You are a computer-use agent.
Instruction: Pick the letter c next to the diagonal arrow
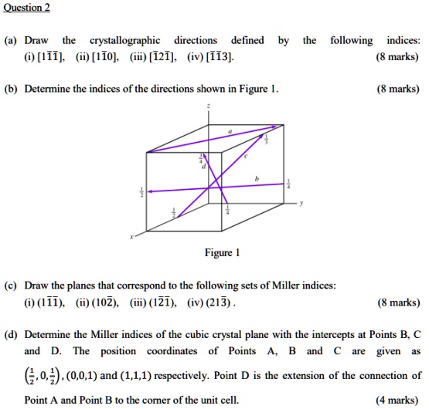pos(246,155)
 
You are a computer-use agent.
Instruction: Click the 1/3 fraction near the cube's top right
pos(267,140)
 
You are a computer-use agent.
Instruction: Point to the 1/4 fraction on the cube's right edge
pos(289,184)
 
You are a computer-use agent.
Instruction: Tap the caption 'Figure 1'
pos(222,252)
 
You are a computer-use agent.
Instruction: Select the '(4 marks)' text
pos(398,400)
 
